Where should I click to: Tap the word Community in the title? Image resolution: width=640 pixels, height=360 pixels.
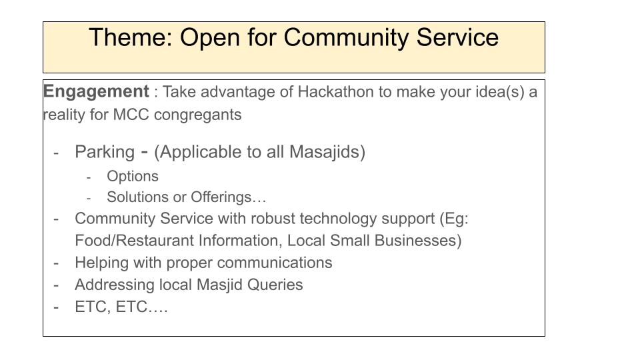pyautogui.click(x=346, y=37)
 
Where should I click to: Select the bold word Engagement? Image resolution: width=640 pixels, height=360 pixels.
pyautogui.click(x=96, y=92)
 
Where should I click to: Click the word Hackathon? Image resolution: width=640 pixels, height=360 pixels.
pyautogui.click(x=335, y=92)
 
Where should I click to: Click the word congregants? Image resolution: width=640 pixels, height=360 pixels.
pyautogui.click(x=197, y=115)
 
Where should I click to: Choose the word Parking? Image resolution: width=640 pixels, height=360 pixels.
pyautogui.click(x=105, y=152)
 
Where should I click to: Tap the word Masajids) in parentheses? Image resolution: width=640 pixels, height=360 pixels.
pyautogui.click(x=327, y=152)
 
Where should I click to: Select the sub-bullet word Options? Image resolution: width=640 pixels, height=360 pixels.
pyautogui.click(x=133, y=176)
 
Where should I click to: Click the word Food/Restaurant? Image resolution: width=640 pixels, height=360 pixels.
pyautogui.click(x=135, y=241)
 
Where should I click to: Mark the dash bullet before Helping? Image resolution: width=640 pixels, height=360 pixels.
pyautogui.click(x=56, y=264)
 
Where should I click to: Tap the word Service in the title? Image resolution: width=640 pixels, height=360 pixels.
pyautogui.click(x=457, y=37)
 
